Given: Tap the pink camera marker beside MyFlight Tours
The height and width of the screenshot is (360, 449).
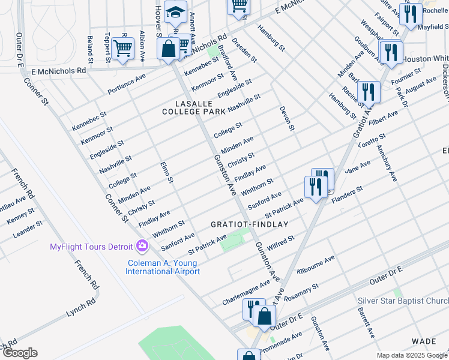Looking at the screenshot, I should coord(142,246).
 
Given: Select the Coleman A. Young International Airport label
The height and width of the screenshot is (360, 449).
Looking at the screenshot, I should coord(163,267).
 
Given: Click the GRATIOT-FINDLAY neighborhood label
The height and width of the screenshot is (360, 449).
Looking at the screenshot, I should coord(249,224).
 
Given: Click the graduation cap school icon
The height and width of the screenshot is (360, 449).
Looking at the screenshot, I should coord(175,13).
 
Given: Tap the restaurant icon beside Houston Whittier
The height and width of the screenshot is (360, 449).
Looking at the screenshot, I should coord(391,52).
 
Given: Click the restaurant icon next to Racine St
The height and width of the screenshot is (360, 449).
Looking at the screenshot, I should coord(368,92).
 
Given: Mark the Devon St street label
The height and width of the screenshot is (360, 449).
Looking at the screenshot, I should coord(287,119).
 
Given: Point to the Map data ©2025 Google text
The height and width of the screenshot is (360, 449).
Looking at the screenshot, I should coord(412,355).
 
